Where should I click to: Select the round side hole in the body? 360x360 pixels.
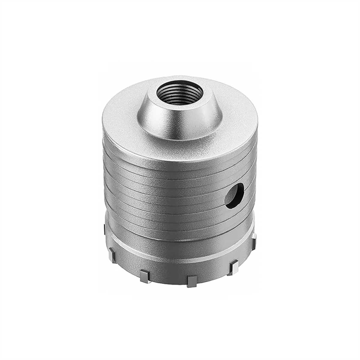[235, 196]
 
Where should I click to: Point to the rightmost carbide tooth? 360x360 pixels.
[253, 241]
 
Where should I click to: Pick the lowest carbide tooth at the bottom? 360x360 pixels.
[191, 280]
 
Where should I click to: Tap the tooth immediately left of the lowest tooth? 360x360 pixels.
[144, 275]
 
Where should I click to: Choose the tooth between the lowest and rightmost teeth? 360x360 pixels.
[233, 268]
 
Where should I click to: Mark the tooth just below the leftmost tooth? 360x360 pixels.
[112, 255]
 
